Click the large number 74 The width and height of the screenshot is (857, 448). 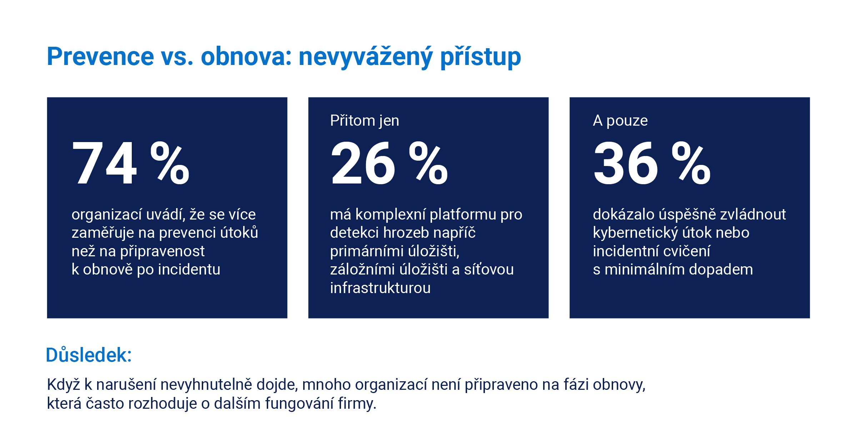point(104,163)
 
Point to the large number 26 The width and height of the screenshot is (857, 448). point(363,163)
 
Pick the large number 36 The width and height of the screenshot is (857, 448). point(626,163)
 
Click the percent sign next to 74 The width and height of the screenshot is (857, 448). point(170,163)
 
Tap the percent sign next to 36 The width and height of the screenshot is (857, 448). point(691,163)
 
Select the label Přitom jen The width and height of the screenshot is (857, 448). point(365,121)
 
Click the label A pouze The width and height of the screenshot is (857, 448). point(620,121)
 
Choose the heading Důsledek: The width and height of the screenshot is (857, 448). point(89,355)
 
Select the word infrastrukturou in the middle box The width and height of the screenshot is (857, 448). point(380,288)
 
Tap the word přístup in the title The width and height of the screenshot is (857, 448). point(481,57)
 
